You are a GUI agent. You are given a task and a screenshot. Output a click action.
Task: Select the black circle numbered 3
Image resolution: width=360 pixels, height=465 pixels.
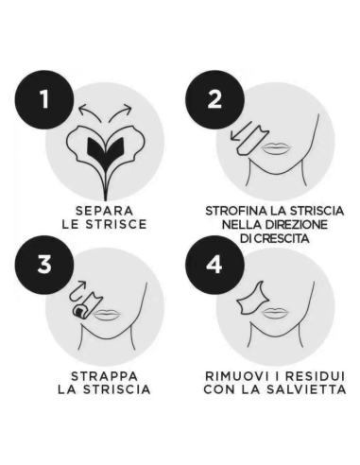pos(39,266)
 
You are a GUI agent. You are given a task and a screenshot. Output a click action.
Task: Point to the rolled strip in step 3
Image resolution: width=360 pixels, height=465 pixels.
pos(79,308)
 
